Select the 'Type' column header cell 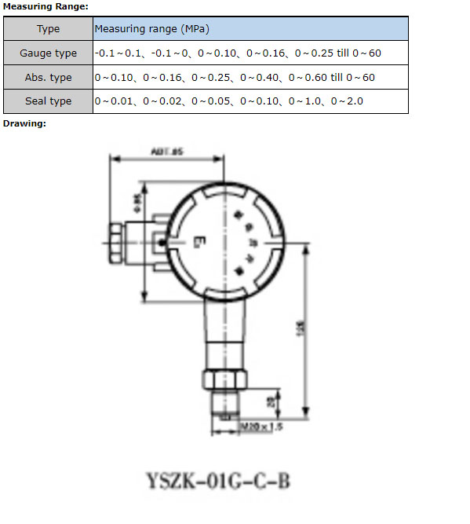[x=48, y=29]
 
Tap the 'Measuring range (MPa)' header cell [x=151, y=29]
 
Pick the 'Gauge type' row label [x=48, y=53]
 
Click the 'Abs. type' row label [x=48, y=78]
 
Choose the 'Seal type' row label [x=48, y=101]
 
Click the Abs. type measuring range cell [x=234, y=78]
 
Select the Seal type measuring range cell [x=228, y=101]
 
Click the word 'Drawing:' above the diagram [x=24, y=123]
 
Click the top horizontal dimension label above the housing [x=166, y=152]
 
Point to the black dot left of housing [x=161, y=244]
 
